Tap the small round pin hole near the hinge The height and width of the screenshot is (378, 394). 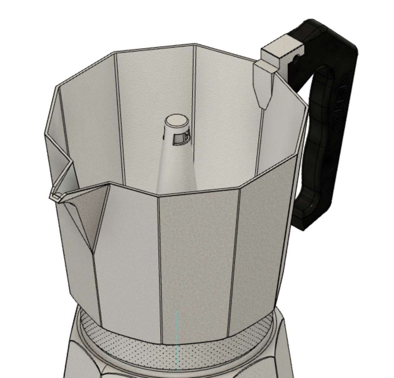point(297,59)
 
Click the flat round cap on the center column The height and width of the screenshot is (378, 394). point(177,121)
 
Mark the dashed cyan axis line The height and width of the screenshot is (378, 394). point(177,340)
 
